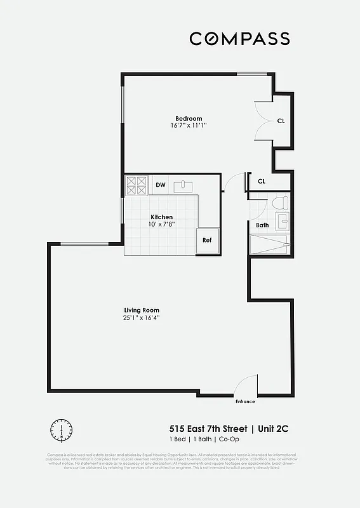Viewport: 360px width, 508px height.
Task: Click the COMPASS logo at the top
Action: [239, 39]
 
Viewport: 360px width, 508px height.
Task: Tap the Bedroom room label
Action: [189, 118]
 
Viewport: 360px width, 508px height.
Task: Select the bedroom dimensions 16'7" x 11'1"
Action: [189, 126]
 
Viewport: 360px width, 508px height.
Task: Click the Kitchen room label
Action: [161, 217]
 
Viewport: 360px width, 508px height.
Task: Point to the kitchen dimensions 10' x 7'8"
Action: [161, 224]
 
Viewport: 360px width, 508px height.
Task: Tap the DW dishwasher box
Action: [161, 185]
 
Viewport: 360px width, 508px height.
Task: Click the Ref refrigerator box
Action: [207, 240]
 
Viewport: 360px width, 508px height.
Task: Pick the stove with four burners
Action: [137, 185]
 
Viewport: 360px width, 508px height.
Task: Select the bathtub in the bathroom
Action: [269, 244]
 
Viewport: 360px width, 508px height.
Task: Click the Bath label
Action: [262, 225]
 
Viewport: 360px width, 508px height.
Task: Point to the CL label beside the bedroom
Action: [281, 121]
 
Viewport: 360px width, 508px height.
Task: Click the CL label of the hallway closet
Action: [262, 182]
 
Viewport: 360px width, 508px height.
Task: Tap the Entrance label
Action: [245, 401]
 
